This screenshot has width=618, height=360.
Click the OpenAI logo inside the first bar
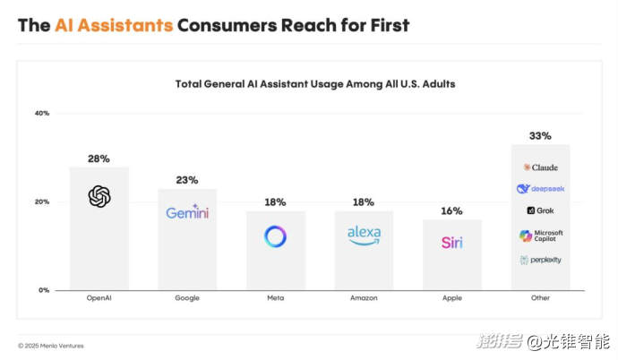(x=99, y=196)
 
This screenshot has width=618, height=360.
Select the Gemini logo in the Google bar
(x=187, y=212)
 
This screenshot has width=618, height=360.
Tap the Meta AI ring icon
(x=275, y=236)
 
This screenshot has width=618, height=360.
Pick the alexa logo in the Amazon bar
(x=364, y=235)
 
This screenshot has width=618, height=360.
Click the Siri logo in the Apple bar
(x=451, y=242)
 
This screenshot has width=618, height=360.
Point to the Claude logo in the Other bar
(x=541, y=167)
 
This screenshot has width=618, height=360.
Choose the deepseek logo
(x=540, y=189)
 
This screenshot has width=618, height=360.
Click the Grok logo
(x=540, y=210)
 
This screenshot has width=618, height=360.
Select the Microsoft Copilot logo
(x=541, y=236)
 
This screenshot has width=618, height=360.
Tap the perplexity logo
(x=540, y=260)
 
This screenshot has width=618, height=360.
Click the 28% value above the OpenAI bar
(x=99, y=159)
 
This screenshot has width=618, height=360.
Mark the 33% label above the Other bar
(x=540, y=136)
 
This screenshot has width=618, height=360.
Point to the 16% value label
(x=451, y=211)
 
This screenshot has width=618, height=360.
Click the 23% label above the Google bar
(x=187, y=180)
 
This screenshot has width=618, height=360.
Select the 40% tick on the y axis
(x=42, y=113)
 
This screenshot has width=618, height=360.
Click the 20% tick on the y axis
(x=42, y=201)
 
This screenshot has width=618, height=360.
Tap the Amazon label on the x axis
(x=364, y=297)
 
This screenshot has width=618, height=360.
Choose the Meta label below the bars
(x=275, y=297)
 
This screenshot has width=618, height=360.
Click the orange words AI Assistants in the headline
(x=114, y=25)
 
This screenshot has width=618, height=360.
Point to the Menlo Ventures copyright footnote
(x=51, y=346)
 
